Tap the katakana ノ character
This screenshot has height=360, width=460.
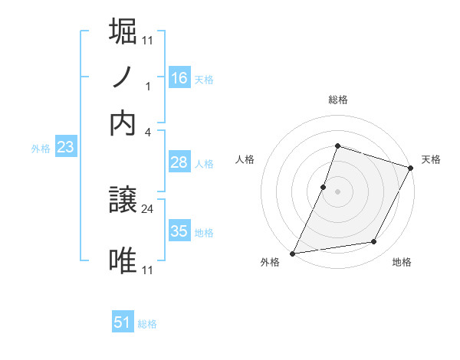pyautogui.click(x=123, y=77)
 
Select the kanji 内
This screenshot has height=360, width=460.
pyautogui.click(x=123, y=123)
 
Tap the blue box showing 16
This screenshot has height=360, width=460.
pyautogui.click(x=179, y=78)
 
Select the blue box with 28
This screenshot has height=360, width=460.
pyautogui.click(x=179, y=162)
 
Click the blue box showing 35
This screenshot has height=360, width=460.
pyautogui.click(x=179, y=231)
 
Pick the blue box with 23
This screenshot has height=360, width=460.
pyautogui.click(x=65, y=148)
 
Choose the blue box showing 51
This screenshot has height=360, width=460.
pyautogui.click(x=123, y=322)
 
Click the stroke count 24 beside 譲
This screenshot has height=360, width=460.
pyautogui.click(x=148, y=207)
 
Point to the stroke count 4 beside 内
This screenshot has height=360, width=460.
pyautogui.click(x=148, y=132)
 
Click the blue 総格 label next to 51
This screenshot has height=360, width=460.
pyautogui.click(x=147, y=324)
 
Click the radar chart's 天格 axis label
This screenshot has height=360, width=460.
pyautogui.click(x=431, y=159)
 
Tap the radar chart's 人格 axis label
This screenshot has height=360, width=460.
pyautogui.click(x=245, y=159)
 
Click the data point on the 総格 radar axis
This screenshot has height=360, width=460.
pyautogui.click(x=337, y=146)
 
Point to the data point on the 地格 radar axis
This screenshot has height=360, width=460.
pyautogui.click(x=374, y=242)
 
